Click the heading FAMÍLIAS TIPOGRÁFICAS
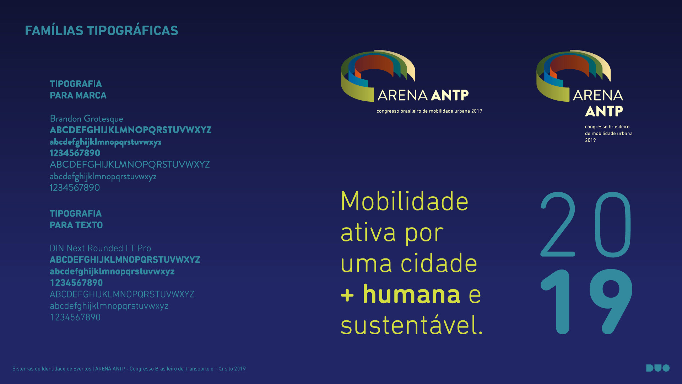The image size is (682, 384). (102, 30)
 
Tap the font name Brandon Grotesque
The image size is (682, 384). (86, 119)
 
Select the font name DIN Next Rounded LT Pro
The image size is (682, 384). (100, 248)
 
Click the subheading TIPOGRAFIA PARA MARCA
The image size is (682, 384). (78, 90)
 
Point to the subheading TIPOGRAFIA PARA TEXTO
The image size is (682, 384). (76, 219)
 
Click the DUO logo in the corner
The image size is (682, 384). (658, 368)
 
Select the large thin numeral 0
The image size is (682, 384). (613, 224)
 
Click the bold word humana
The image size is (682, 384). (411, 294)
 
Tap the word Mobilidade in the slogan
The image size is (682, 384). (405, 201)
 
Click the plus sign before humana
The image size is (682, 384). (347, 295)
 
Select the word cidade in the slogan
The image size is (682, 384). (439, 263)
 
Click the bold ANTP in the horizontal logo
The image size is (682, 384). (450, 95)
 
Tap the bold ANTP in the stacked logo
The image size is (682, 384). (604, 111)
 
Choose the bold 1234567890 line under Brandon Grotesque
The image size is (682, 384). (75, 153)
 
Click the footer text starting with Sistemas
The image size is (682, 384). (129, 369)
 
